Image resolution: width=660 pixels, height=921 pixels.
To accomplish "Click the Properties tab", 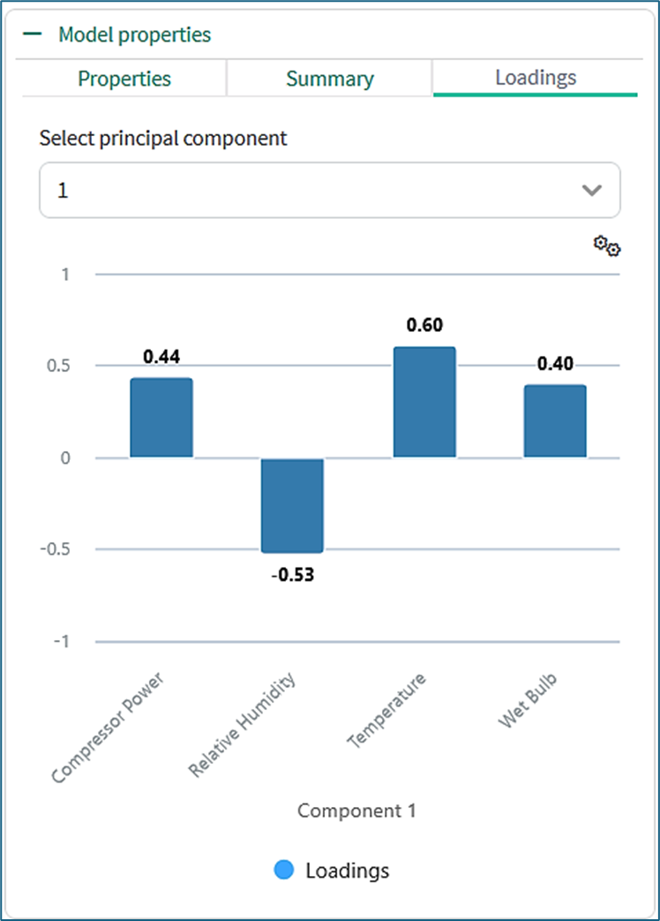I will click(124, 79).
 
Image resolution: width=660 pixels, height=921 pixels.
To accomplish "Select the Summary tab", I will click(329, 79).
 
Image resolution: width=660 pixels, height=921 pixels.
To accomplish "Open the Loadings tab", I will click(536, 77).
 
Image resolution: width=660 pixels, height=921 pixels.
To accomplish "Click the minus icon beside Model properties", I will click(33, 34).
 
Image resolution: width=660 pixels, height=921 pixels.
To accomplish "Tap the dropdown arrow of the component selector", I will click(592, 190).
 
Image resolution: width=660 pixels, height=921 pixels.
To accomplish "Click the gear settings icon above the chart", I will click(606, 246).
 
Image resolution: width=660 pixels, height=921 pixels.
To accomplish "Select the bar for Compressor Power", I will click(161, 418).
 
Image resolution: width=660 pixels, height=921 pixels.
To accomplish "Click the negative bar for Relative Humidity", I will click(292, 505).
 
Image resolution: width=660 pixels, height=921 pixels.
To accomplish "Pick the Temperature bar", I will click(424, 402).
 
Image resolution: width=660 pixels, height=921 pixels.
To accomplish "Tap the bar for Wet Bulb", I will click(555, 421).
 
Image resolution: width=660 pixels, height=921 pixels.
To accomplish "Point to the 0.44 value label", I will click(161, 357).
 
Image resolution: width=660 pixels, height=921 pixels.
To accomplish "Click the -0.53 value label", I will click(292, 576).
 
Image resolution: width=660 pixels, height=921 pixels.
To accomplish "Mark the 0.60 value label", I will click(424, 326).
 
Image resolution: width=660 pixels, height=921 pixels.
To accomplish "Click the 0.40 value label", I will click(555, 364).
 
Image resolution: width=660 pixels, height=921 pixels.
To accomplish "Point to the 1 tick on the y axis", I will click(65, 275).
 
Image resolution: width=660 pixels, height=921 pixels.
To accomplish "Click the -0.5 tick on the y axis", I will click(55, 549).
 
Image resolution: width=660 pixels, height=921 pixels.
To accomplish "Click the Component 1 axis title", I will click(356, 810).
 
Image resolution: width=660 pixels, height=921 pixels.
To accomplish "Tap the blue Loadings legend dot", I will click(284, 870).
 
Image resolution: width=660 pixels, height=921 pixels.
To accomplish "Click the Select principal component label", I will click(163, 138).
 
